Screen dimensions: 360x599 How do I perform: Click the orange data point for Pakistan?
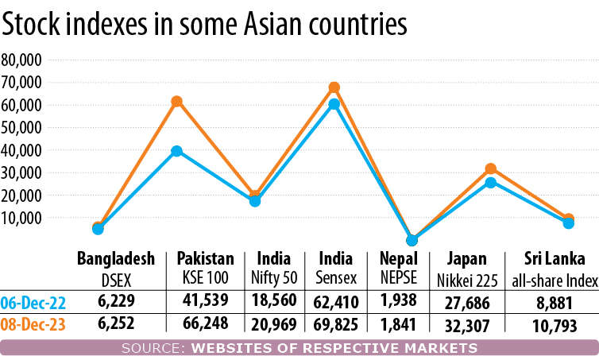tap(177, 102)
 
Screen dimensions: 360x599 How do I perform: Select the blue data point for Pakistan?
tap(177, 151)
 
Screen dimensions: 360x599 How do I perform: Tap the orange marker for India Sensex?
tap(334, 87)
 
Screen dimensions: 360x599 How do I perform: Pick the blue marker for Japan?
tap(491, 183)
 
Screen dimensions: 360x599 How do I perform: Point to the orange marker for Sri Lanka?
tap(569, 219)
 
